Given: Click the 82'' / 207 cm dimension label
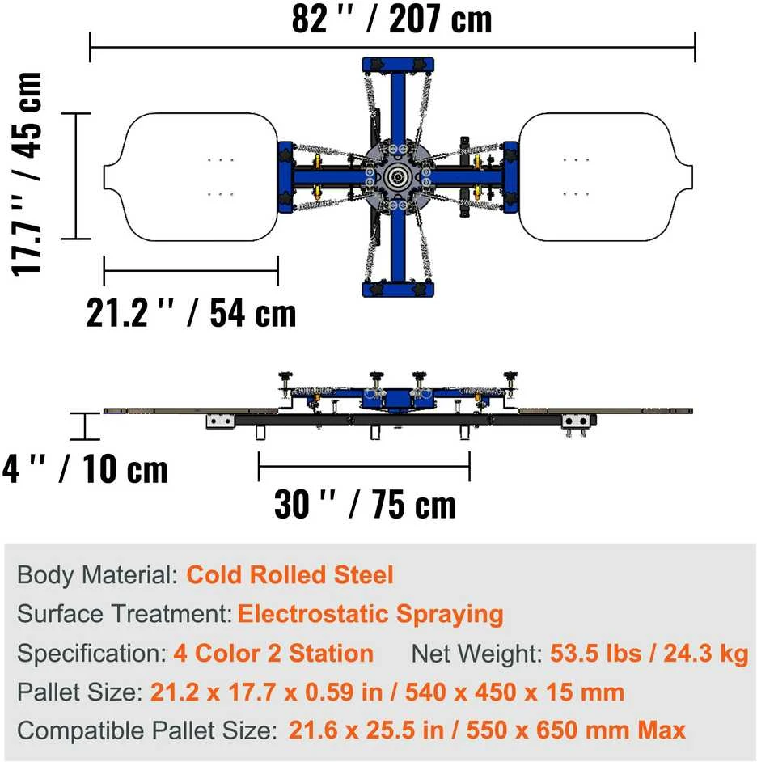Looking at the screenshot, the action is click(391, 19).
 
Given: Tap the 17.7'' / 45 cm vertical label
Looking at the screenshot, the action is click(27, 174).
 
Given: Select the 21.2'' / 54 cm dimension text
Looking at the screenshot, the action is click(191, 313).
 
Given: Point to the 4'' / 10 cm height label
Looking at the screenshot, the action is click(85, 469).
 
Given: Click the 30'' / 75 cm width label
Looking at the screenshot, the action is click(365, 504).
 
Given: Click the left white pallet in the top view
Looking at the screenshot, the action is click(191, 177).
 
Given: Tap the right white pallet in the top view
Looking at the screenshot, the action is click(606, 177).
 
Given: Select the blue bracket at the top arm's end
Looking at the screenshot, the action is click(398, 66).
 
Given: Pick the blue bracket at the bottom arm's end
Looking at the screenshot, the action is click(398, 289).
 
